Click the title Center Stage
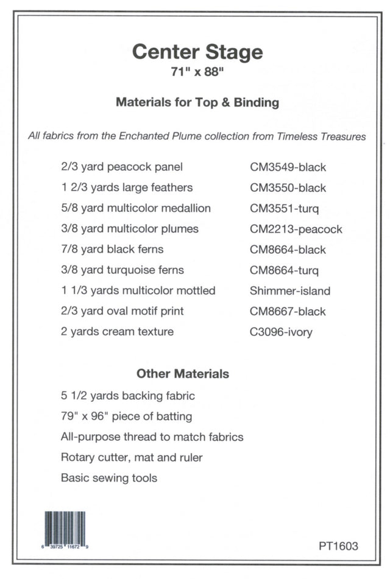[x=197, y=52]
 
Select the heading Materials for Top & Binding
[x=197, y=102]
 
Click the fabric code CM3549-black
[x=288, y=167]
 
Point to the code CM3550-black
[x=288, y=188]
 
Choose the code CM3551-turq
[x=284, y=208]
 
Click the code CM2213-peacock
[x=296, y=229]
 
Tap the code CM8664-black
[x=288, y=250]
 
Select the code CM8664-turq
[x=284, y=270]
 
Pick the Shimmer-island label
[x=289, y=290]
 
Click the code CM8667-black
[x=288, y=311]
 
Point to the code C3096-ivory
[x=280, y=332]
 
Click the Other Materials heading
[x=182, y=373]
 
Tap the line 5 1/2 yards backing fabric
[x=127, y=396]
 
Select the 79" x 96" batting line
[x=126, y=416]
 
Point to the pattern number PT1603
[x=338, y=546]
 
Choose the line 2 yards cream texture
[x=117, y=332]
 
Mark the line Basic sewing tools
[x=108, y=478]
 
